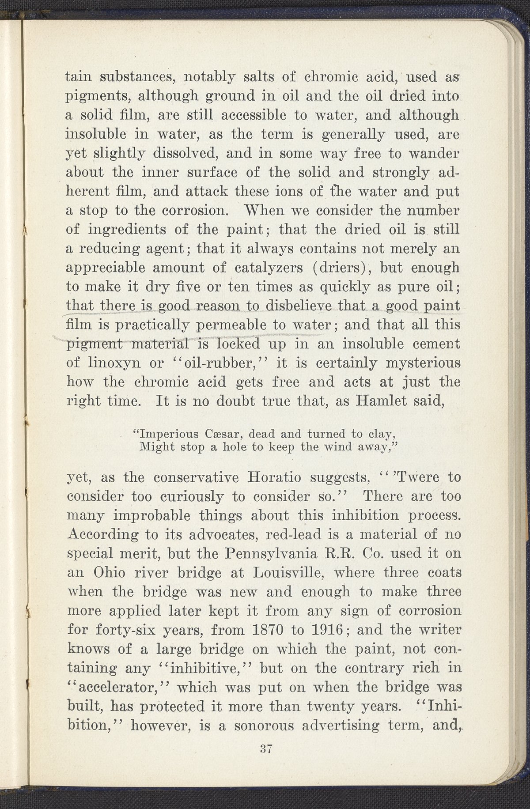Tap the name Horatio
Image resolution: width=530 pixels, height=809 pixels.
pyautogui.click(x=276, y=477)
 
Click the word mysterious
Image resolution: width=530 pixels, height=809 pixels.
pyautogui.click(x=424, y=363)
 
